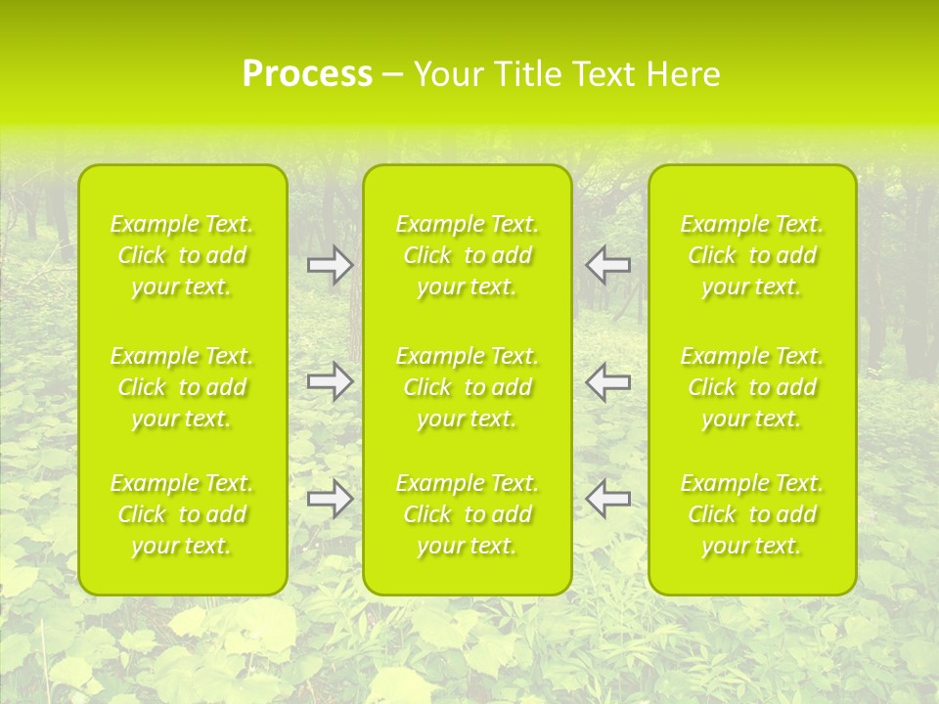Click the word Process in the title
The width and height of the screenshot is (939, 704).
coord(307,74)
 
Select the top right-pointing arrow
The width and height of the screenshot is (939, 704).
coord(330,265)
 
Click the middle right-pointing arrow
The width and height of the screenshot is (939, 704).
coord(330,381)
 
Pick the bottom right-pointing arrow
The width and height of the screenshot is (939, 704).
coord(330,499)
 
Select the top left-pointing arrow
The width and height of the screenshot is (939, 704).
coord(607,265)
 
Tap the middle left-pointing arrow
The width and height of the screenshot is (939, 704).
coord(607,381)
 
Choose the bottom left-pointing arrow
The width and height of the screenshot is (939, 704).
coord(607,499)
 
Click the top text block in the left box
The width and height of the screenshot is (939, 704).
coord(182,255)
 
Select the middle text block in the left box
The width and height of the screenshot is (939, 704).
coord(182,387)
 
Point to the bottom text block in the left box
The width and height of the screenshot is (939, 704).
coord(182,514)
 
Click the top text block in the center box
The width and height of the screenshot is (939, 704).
coord(467,255)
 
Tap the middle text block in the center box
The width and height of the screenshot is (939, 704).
coord(467,387)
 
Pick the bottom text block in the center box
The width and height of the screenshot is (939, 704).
coord(467,514)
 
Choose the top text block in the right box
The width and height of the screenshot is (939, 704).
coord(751,255)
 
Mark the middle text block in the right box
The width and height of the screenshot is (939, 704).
coord(751,387)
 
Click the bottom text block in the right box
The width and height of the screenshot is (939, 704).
coord(751,514)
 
